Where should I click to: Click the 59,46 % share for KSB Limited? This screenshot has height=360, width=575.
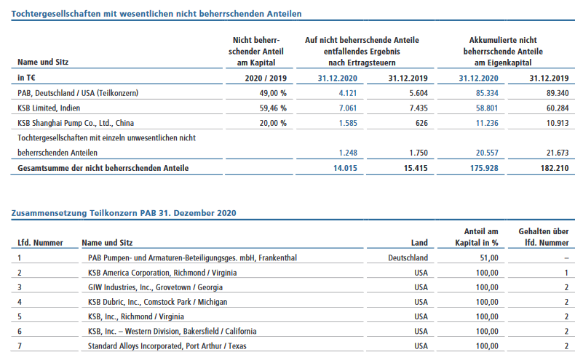(273, 108)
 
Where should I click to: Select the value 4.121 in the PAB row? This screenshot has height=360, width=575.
(348, 93)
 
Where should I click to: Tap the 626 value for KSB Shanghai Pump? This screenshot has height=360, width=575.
(421, 123)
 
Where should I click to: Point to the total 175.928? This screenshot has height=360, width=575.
(484, 168)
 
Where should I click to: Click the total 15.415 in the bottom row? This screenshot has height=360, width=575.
(416, 168)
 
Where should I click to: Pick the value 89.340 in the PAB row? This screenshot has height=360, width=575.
(558, 93)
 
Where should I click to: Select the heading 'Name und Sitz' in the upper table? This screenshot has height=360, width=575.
(43, 62)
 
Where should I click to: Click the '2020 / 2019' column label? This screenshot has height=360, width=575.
(266, 78)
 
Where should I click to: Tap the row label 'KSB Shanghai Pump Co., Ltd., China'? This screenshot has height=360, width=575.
(76, 123)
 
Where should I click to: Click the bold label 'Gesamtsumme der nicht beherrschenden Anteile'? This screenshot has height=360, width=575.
(103, 168)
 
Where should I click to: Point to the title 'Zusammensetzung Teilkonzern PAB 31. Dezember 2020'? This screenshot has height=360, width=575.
(124, 213)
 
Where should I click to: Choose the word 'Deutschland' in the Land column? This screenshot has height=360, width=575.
(408, 257)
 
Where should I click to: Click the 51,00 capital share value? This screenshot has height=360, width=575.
(489, 257)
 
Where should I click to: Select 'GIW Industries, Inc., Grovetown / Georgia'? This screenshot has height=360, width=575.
(155, 287)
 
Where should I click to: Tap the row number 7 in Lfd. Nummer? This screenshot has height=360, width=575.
(20, 346)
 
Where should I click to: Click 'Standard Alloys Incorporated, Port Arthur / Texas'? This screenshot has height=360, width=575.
(167, 346)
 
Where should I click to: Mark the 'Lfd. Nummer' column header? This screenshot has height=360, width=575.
(40, 243)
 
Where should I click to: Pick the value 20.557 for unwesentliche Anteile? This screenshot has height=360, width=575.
(487, 153)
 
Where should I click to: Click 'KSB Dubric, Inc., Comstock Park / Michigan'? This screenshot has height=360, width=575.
(157, 302)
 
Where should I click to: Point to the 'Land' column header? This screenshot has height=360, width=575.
(419, 243)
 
